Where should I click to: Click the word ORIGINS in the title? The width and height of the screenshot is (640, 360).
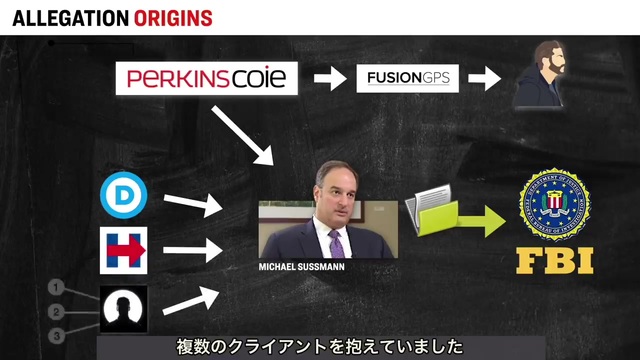[x=173, y=18]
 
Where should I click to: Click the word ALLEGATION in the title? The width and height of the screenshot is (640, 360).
[x=71, y=18]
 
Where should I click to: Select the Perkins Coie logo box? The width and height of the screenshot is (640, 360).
[x=207, y=78]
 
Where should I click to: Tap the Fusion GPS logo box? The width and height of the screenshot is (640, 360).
[x=407, y=78]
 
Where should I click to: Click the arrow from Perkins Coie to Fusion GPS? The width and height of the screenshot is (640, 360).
[x=330, y=78]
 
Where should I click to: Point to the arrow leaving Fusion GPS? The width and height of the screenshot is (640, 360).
[x=484, y=78]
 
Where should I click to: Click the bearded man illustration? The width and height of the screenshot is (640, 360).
[x=540, y=75]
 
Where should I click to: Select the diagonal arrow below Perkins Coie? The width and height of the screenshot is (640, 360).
[x=242, y=135]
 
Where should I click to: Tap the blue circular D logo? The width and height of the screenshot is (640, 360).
[x=124, y=195]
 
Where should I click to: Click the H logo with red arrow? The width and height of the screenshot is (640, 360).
[x=124, y=250]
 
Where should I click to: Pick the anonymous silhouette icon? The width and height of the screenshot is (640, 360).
[x=124, y=309]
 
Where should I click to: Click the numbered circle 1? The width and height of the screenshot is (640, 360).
[x=56, y=287]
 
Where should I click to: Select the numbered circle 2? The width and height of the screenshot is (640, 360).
[x=56, y=312]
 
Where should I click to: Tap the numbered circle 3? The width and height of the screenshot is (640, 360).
[x=56, y=336]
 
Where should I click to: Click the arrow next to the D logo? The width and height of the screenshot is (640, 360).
[x=193, y=204]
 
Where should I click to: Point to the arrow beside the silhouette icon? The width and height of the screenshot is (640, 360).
[x=191, y=301]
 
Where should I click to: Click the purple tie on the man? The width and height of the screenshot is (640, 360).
[x=336, y=244]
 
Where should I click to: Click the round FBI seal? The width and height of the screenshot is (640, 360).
[x=554, y=204]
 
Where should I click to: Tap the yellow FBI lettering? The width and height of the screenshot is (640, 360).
[x=555, y=260]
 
